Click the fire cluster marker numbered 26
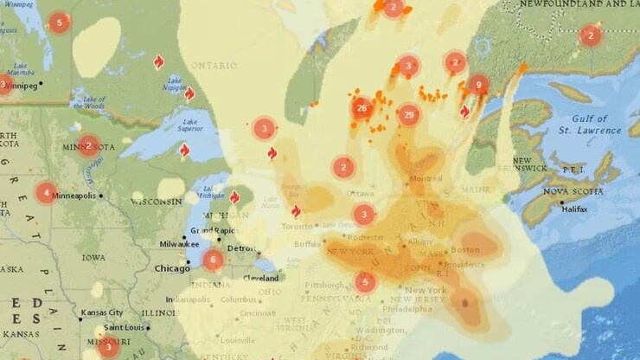(362, 108)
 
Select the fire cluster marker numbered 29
(408, 115)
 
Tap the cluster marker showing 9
(478, 85)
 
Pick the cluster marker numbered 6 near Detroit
(213, 259)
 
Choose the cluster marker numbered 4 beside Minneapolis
(46, 193)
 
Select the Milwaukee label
(156, 244)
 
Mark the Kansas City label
(101, 312)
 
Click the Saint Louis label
(124, 328)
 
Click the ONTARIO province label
(214, 66)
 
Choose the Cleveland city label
(260, 279)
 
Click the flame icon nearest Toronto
(296, 211)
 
